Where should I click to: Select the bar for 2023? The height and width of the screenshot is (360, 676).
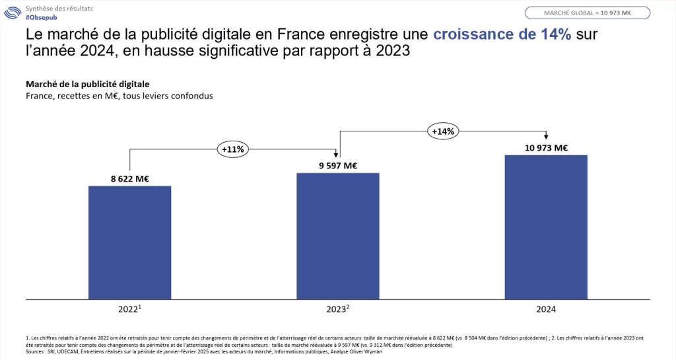coord(337,236)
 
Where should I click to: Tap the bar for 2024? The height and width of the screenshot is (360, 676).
coord(546,227)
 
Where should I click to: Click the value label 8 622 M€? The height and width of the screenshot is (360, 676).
coord(129,178)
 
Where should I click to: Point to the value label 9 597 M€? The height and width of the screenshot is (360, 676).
coord(337,165)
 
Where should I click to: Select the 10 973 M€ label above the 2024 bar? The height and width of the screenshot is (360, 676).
coord(546,147)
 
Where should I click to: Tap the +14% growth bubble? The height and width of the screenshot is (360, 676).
coord(442,131)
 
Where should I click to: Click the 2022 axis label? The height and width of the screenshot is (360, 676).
coord(128,309)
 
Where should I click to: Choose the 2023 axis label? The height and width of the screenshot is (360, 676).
coord(337,309)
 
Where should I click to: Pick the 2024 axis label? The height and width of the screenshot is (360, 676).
coord(546,309)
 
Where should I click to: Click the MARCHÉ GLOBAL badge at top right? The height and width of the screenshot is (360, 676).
coord(587,13)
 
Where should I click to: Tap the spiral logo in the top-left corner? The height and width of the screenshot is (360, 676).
coord(13,13)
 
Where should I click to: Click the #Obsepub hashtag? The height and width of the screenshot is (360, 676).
coord(40,17)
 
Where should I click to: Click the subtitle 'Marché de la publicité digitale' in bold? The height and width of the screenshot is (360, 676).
coord(87,84)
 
